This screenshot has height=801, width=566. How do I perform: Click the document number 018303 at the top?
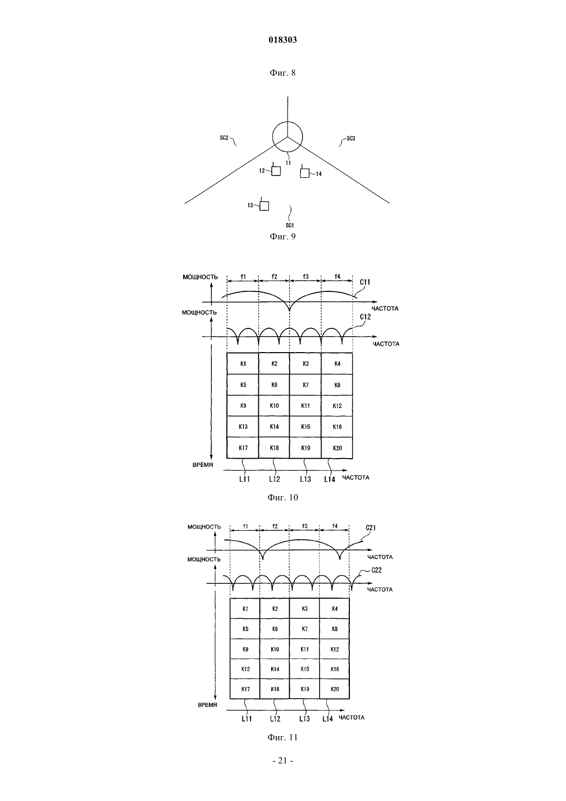(282, 40)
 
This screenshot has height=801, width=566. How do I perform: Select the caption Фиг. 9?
(282, 236)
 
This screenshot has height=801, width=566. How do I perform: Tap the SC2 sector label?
(224, 137)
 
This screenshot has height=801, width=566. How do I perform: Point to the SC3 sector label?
(351, 138)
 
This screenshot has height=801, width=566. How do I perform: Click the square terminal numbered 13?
(264, 206)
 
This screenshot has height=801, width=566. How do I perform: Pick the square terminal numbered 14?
(305, 173)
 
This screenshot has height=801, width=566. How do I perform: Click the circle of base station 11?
(288, 136)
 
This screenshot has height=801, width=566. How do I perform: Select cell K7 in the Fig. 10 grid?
(306, 385)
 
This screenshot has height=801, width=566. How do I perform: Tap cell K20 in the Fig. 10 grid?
(337, 448)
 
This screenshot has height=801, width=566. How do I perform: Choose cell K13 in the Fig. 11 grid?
(245, 669)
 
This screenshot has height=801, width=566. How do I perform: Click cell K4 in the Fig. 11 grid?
(334, 608)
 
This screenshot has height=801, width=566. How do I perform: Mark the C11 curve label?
(365, 282)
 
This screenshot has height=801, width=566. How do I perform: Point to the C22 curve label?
(376, 570)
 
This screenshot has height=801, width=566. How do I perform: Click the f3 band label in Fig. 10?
(306, 276)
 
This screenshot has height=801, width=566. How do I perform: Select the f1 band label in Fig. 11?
(245, 527)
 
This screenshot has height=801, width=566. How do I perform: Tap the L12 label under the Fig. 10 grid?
(274, 479)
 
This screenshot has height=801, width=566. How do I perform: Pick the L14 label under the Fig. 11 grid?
(328, 719)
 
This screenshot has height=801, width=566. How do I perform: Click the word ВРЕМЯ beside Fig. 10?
(203, 465)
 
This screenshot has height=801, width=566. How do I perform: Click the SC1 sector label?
(289, 225)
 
